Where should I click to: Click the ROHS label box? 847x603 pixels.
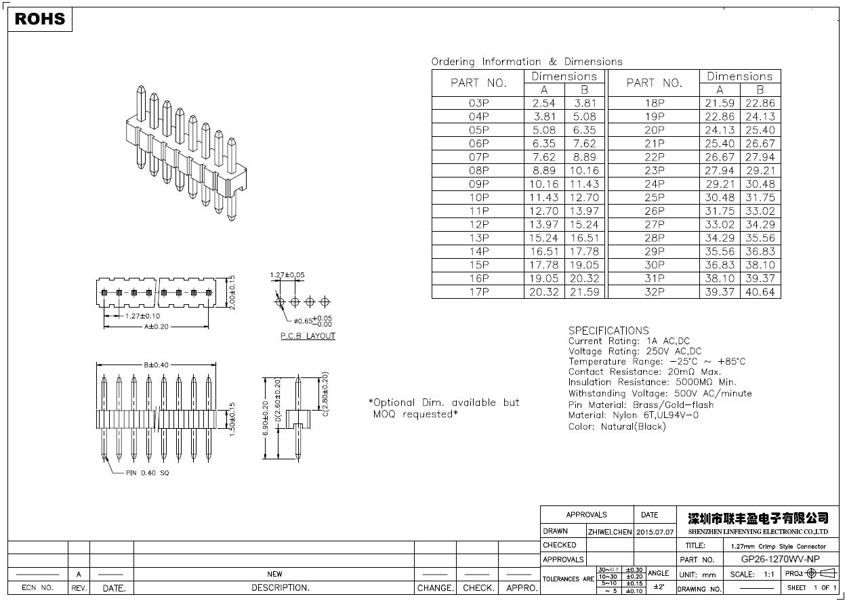[39, 19]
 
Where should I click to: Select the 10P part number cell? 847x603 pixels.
[478, 198]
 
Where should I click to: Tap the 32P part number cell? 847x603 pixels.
[654, 292]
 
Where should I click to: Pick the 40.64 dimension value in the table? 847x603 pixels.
[760, 292]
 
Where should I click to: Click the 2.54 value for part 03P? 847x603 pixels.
[543, 103]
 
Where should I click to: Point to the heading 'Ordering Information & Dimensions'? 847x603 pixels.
[526, 62]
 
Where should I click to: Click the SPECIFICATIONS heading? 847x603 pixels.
[608, 331]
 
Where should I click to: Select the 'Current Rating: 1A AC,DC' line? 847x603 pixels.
[629, 341]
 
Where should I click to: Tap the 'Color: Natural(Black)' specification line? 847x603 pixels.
[617, 427]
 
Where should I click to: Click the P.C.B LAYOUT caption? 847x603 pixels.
[308, 336]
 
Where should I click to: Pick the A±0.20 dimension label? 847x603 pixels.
[157, 327]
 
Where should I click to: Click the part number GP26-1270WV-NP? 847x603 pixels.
[780, 559]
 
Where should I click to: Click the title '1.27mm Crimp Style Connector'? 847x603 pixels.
[778, 546]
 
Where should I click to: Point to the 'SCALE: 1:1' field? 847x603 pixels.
[752, 574]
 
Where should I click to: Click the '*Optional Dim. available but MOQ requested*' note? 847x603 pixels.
[443, 408]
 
